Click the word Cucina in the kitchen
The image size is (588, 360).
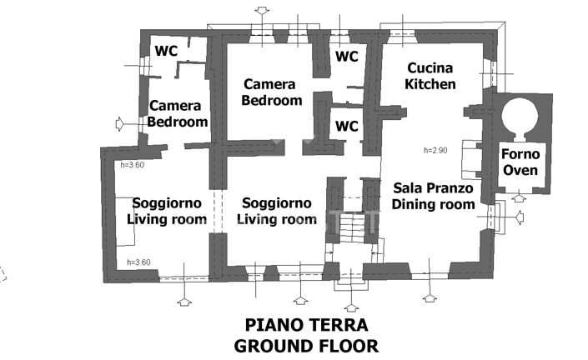(x=430, y=68)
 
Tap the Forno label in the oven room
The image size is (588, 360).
(x=520, y=154)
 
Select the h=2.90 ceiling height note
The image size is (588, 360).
(x=436, y=151)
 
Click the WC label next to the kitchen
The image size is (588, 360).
(x=347, y=57)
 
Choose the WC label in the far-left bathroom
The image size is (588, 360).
(x=166, y=51)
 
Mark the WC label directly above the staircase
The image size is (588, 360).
(x=347, y=127)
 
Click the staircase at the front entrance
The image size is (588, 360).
(x=352, y=223)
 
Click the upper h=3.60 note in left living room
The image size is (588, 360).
(x=133, y=165)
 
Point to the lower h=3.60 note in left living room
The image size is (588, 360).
(x=139, y=262)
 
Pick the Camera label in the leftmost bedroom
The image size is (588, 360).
(x=175, y=106)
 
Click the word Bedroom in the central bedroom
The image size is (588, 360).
(x=271, y=101)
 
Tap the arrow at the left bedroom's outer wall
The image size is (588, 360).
(x=119, y=123)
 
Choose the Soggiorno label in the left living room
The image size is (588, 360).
(x=166, y=203)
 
